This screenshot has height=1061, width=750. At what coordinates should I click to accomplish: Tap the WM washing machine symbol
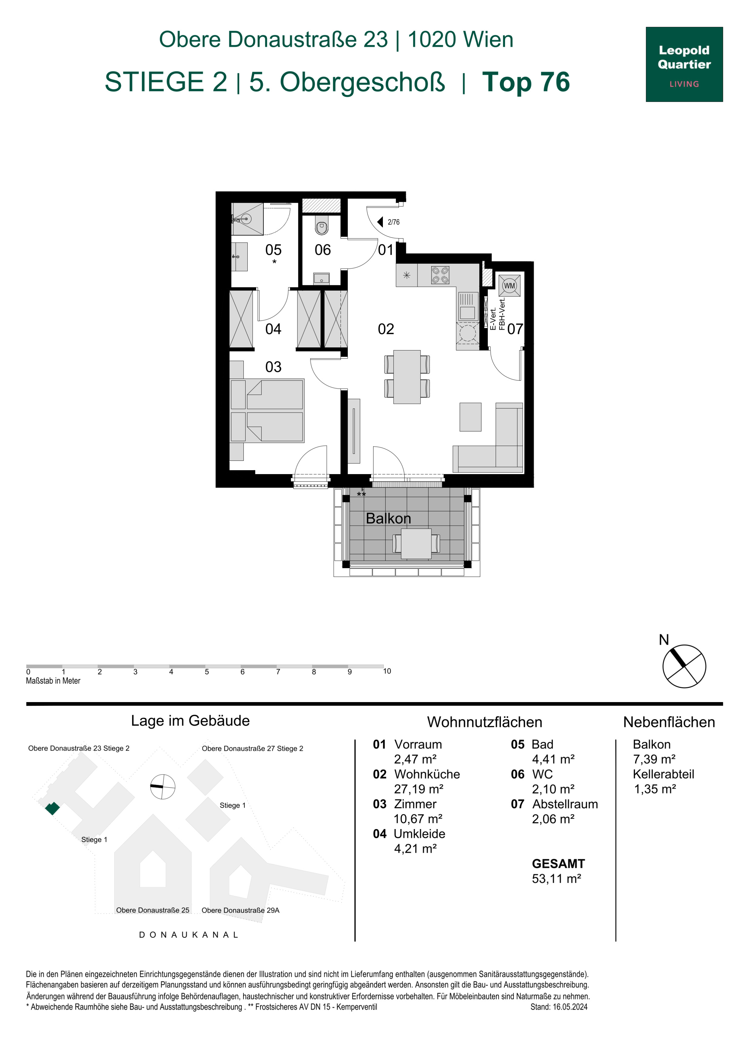[x=509, y=286]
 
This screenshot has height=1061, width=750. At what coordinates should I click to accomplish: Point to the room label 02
[x=386, y=329]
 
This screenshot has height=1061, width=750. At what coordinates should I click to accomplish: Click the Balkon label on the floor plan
[x=388, y=518]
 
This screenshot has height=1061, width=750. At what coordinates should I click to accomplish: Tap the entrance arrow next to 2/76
[x=380, y=222]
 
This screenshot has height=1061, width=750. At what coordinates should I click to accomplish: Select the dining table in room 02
[x=407, y=377]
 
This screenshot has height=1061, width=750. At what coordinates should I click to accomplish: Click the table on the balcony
[x=416, y=544]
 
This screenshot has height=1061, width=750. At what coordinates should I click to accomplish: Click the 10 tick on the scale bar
[x=387, y=671]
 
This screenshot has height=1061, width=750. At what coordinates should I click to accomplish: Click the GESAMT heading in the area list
[x=558, y=864]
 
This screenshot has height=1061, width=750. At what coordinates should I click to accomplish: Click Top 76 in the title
[x=526, y=82]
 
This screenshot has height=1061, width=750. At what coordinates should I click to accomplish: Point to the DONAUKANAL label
[x=189, y=934]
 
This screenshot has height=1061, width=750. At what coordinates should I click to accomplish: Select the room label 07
[x=515, y=329]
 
